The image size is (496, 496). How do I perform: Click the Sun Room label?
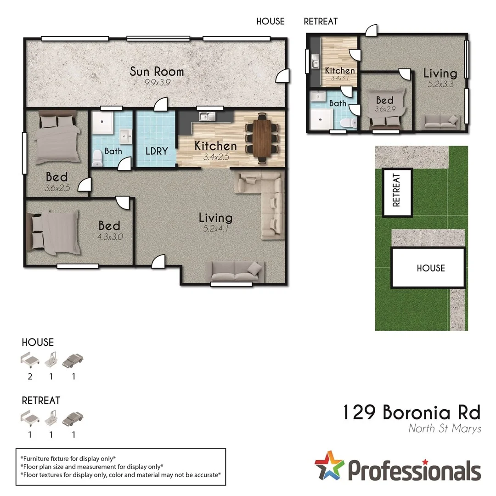tap(157, 72)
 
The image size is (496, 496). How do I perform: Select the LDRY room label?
tap(156, 151)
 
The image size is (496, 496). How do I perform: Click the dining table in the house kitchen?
tap(262, 137)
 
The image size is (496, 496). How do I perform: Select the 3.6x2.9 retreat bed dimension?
tap(384, 110)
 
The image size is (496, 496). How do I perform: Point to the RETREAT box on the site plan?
tap(397, 192)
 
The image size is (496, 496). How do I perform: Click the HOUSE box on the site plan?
tap(430, 268)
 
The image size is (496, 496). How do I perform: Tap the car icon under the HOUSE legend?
tap(73, 360)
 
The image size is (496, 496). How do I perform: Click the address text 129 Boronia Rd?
tap(411, 412)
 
